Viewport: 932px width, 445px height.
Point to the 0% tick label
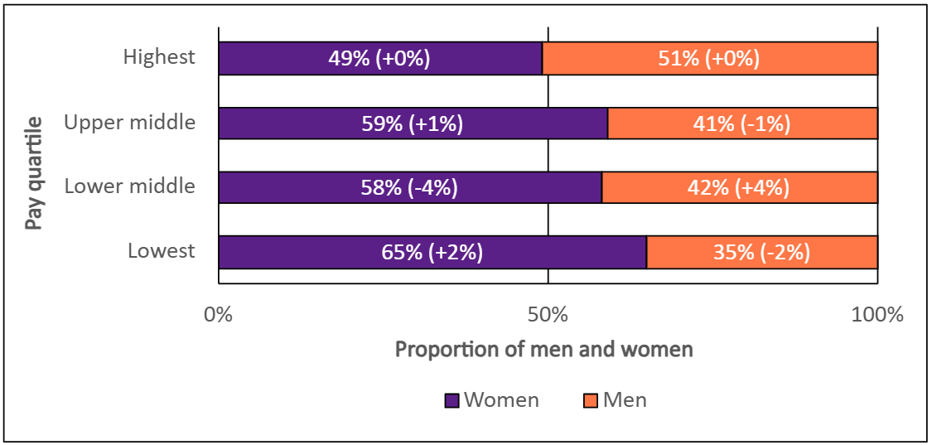(x=219, y=315)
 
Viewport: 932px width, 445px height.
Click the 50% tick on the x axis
(x=548, y=315)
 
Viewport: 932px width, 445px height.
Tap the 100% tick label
(x=876, y=315)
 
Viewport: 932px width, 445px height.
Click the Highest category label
(x=159, y=57)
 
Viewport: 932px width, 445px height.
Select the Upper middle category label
(x=130, y=123)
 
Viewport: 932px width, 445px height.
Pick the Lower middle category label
(x=130, y=186)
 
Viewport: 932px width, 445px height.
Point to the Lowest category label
(x=162, y=251)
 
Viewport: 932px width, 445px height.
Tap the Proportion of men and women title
(x=543, y=350)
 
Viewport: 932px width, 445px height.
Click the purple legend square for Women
(x=452, y=401)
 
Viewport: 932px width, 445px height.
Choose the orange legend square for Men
(x=590, y=401)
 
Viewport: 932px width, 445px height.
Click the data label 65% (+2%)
(x=432, y=253)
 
